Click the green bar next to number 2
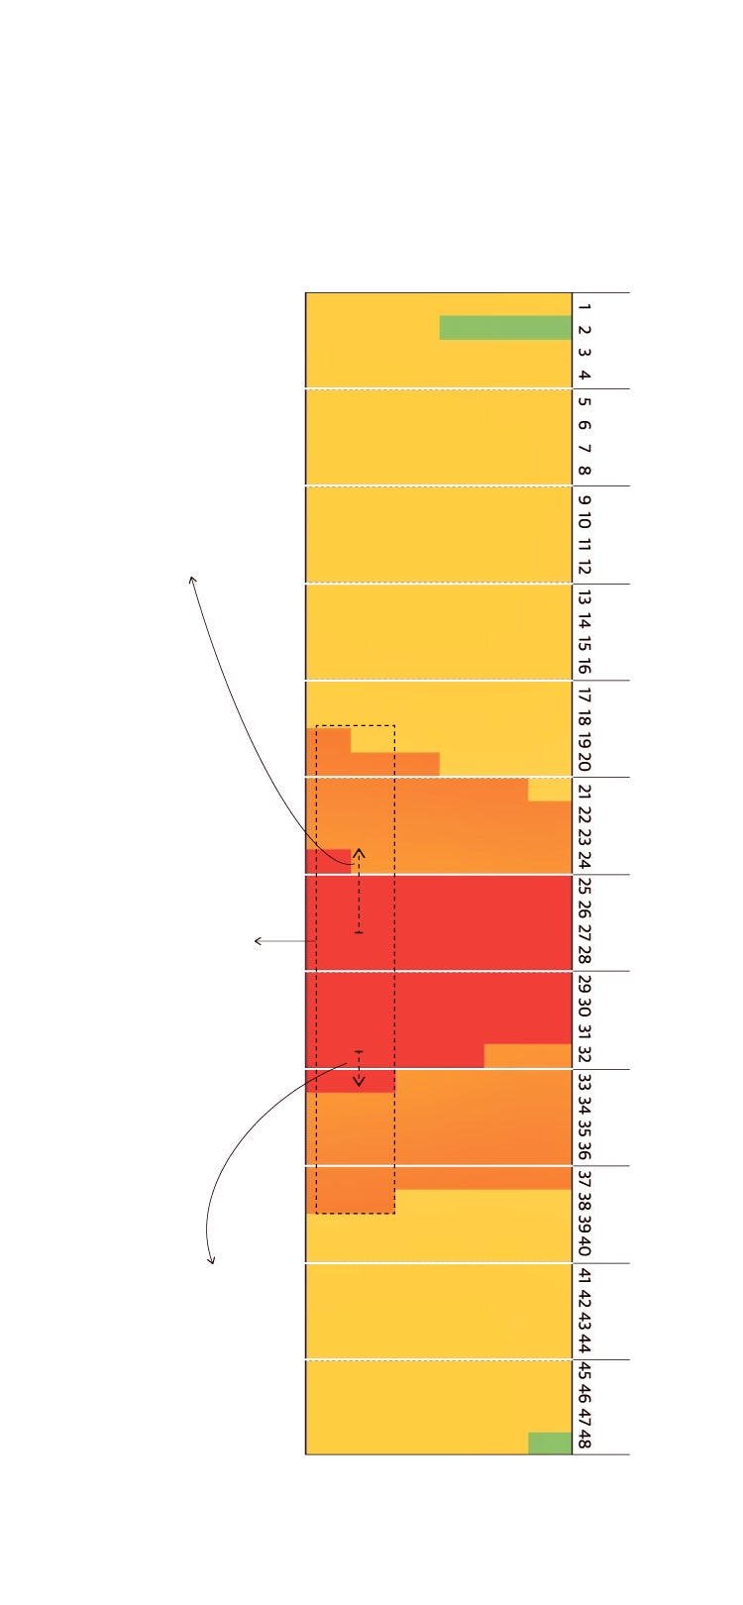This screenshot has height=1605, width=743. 505,328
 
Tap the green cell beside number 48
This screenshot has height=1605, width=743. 550,1444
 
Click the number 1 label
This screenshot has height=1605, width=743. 584,308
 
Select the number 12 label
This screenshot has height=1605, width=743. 584,568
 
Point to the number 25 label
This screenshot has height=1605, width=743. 584,887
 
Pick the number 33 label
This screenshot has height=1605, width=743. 584,1081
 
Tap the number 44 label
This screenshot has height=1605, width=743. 584,1344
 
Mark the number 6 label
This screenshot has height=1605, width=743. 584,425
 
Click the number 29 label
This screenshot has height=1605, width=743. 584,984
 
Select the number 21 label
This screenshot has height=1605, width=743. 584,791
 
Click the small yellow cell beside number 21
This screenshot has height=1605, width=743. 550,790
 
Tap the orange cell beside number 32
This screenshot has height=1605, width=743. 527,1056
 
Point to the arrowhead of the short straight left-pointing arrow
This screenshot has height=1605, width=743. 257,941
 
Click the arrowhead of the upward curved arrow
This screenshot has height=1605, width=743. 192,578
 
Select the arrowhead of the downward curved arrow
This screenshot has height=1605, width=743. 210,1261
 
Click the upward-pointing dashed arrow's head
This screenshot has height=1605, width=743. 359,851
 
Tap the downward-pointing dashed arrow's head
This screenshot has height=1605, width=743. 359,1083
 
